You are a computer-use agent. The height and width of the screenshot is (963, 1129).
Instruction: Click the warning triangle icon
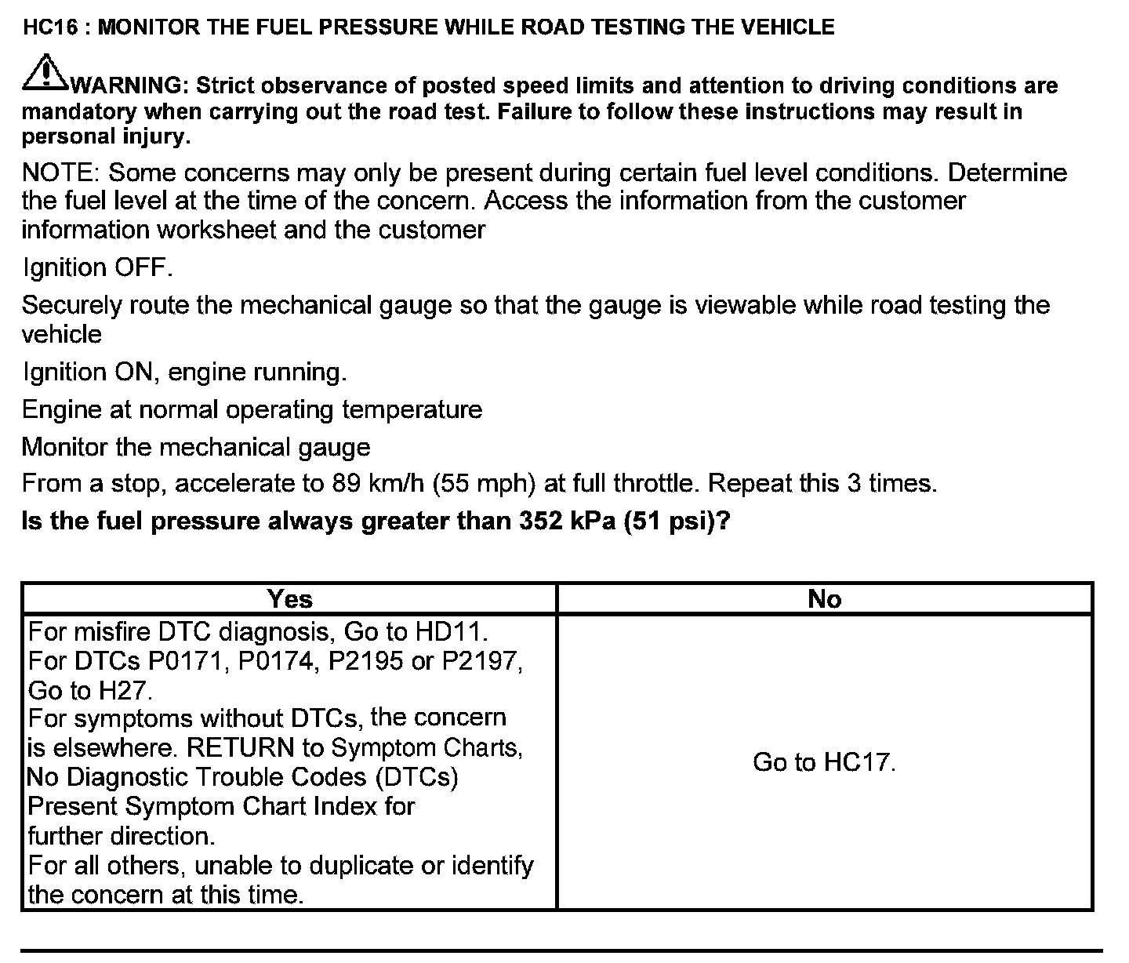click(x=45, y=72)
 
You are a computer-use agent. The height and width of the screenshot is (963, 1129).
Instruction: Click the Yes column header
click(x=289, y=599)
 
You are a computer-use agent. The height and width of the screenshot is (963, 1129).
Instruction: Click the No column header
click(x=824, y=599)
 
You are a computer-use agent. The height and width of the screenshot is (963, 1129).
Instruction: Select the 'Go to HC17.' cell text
click(x=824, y=761)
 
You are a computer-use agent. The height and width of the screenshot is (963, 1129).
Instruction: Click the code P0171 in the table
click(x=189, y=661)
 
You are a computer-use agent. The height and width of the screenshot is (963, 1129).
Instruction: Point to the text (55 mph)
click(x=484, y=483)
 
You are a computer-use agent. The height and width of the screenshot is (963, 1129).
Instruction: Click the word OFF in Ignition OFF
click(x=142, y=267)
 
